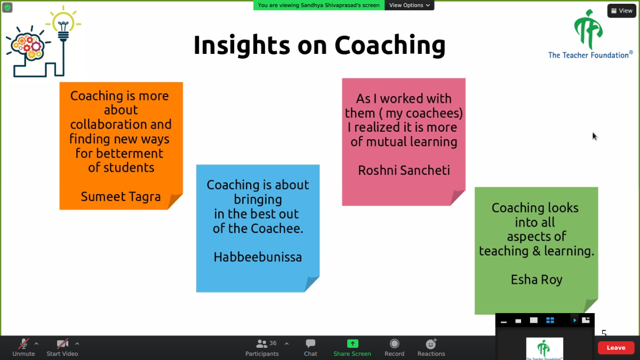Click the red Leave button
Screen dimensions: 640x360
616,348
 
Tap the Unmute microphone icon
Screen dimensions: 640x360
23,343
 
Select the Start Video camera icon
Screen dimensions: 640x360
62,343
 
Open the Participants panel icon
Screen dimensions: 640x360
261,343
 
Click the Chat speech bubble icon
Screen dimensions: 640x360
310,343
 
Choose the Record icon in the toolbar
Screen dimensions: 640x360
394,343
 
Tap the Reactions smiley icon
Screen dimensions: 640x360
431,343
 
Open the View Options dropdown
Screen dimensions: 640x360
409,5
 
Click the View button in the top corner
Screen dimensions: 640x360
622,11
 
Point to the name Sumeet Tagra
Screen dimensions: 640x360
121,197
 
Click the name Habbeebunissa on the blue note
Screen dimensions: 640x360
258,257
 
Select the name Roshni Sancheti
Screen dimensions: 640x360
404,170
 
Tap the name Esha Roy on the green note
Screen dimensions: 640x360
537,279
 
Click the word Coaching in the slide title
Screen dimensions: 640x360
390,45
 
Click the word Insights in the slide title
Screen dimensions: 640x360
242,45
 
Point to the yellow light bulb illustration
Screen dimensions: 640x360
63,26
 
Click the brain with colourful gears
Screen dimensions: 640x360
27,46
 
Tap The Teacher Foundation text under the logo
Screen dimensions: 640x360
590,55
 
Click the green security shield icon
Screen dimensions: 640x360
7,7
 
